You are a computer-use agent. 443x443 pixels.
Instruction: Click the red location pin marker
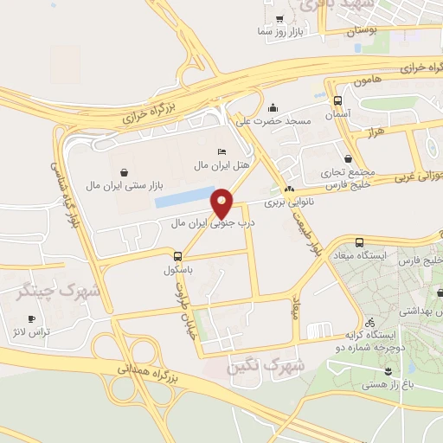point(222,202)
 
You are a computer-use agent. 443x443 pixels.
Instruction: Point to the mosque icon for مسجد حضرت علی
point(273,108)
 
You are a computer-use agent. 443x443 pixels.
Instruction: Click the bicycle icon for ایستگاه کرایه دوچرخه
point(370,321)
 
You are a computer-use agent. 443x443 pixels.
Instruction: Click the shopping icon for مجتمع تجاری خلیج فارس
point(348,158)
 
